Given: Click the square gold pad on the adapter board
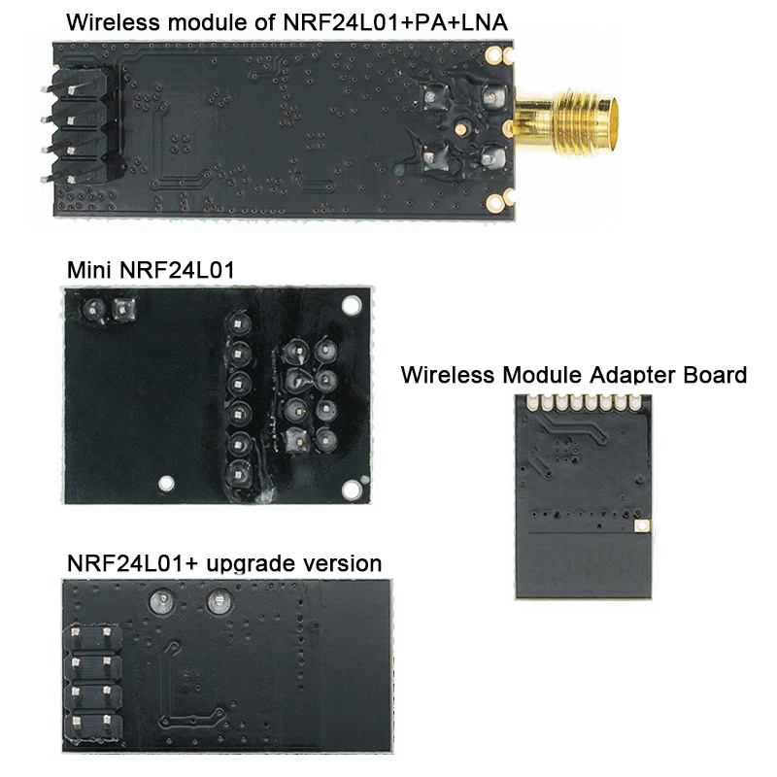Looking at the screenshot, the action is tap(640, 525).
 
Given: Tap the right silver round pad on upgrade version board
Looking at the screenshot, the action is tap(217, 605).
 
